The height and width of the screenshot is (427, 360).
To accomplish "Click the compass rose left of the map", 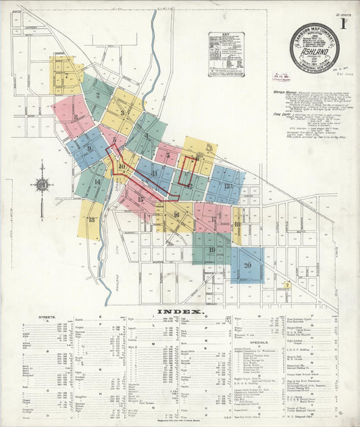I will (x=42, y=184).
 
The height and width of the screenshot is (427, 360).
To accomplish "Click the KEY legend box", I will (x=226, y=53).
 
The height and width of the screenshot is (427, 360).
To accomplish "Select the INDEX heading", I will (x=180, y=312).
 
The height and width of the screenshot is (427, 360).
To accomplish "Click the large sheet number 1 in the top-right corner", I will (x=343, y=25).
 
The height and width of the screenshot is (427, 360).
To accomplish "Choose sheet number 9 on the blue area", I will (x=89, y=149).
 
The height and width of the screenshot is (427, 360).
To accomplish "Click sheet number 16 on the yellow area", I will (x=176, y=216).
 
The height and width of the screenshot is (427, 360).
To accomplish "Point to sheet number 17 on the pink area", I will (x=215, y=219).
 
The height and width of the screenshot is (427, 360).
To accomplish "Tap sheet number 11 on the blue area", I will (x=155, y=173).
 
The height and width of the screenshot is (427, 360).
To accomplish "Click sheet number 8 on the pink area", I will (x=75, y=116).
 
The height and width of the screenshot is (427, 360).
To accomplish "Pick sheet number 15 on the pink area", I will (x=141, y=199).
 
